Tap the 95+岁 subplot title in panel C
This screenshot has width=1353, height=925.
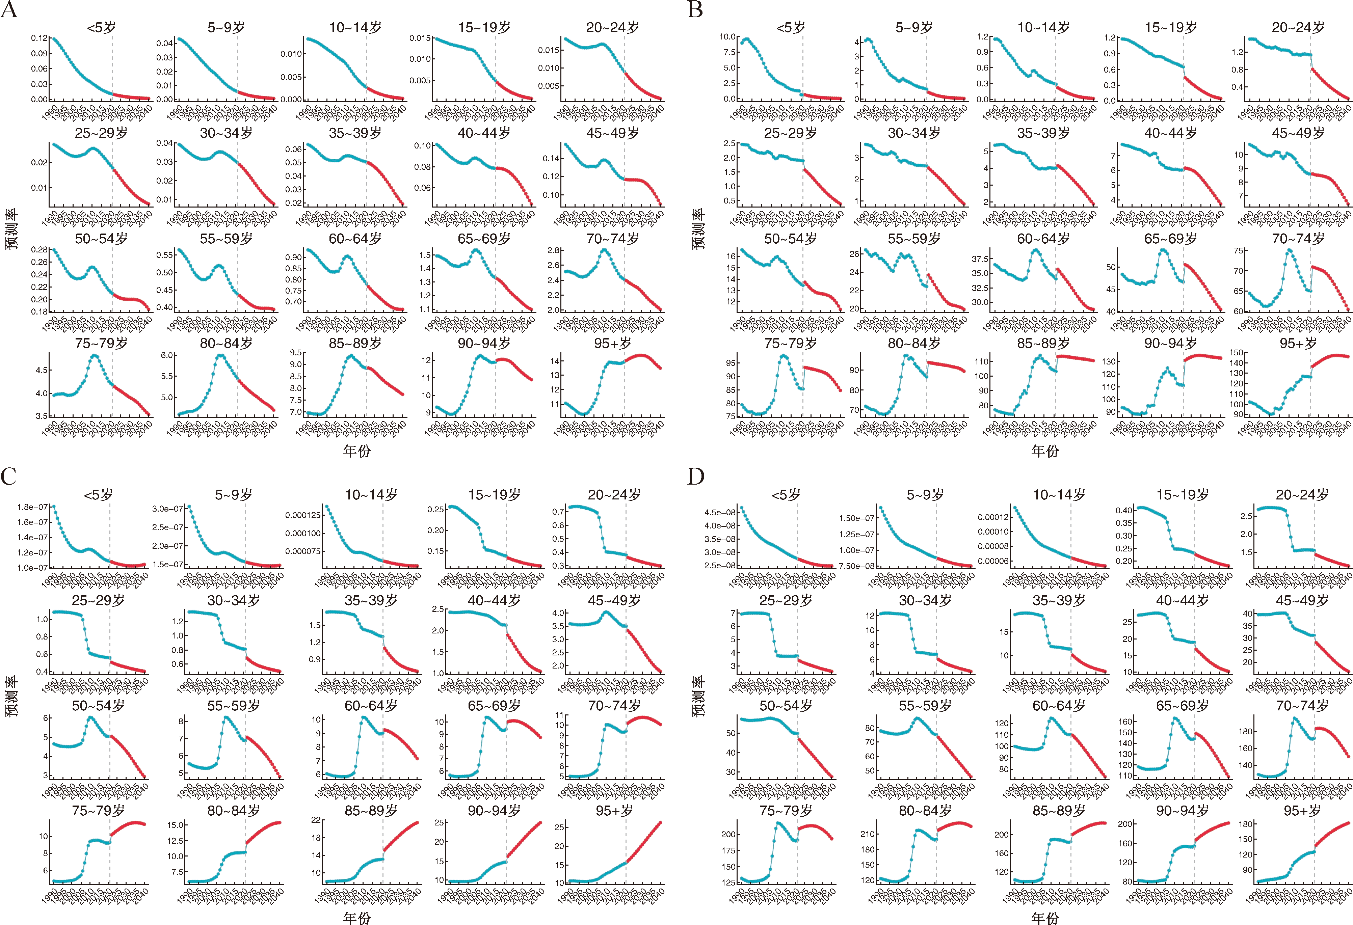[x=614, y=811]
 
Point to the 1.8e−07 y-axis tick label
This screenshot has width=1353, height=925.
[x=33, y=507]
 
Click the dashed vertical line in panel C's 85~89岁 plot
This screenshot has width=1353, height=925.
[x=383, y=850]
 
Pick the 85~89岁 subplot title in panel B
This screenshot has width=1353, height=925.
[x=1043, y=344]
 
